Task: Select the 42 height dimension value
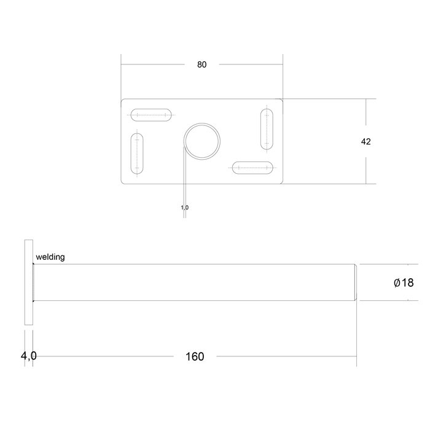point(365,141)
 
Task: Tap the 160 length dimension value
point(195,356)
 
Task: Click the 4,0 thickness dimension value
point(29,356)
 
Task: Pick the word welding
point(50,257)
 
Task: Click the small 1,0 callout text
point(184,208)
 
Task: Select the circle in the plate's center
point(201,141)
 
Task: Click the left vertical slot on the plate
point(138,154)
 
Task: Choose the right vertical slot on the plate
point(266,128)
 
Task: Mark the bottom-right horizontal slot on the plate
point(252,167)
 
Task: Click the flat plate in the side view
point(27,283)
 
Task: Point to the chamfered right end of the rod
point(356,283)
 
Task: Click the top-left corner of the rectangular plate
point(122,100)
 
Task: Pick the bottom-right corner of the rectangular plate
point(282,183)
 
